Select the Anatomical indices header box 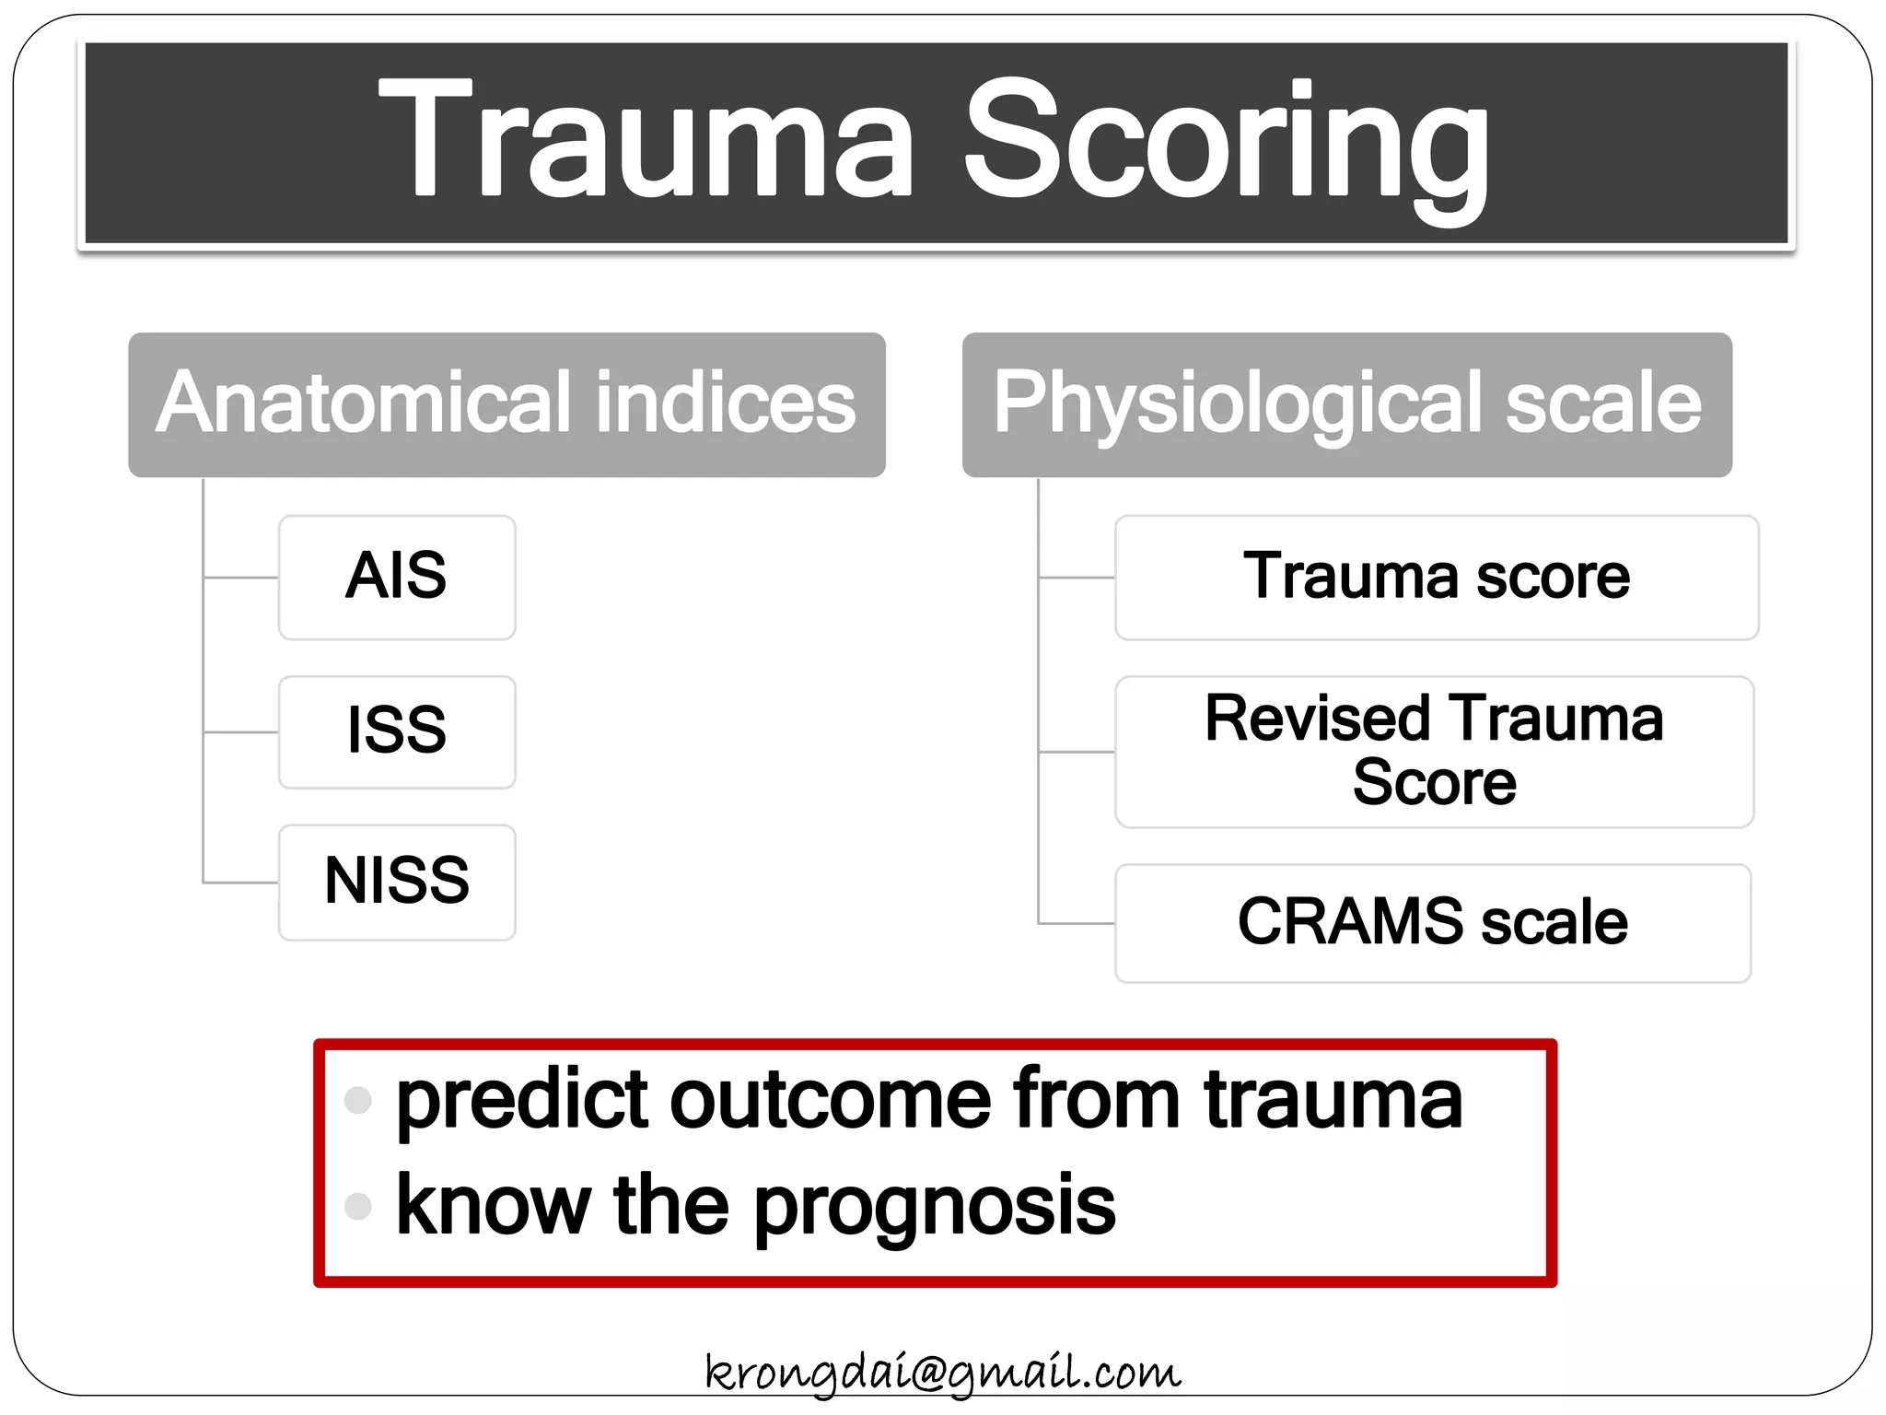(x=506, y=405)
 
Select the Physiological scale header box (x=1346, y=405)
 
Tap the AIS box (x=397, y=578)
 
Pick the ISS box (x=397, y=732)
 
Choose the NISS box (x=397, y=883)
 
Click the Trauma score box (x=1436, y=578)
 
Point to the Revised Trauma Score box (x=1434, y=752)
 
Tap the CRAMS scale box (x=1432, y=923)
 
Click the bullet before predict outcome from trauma (x=357, y=1100)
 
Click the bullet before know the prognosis (x=357, y=1206)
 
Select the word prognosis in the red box (x=935, y=1209)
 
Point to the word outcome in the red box (x=829, y=1100)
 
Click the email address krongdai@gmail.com (x=942, y=1373)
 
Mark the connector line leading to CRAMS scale (x=1076, y=922)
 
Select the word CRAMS (x=1350, y=922)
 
